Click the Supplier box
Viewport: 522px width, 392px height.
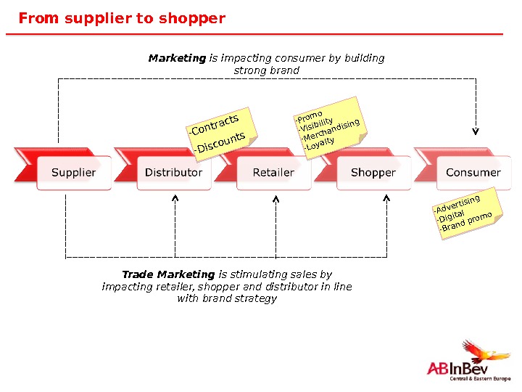pyautogui.click(x=73, y=173)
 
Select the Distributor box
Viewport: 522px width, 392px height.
pyautogui.click(x=173, y=173)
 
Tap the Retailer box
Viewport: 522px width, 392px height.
pyautogui.click(x=273, y=173)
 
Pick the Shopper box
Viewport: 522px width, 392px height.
pyautogui.click(x=373, y=173)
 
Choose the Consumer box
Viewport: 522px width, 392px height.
pyautogui.click(x=473, y=173)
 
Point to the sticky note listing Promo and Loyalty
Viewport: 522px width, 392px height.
pyautogui.click(x=328, y=125)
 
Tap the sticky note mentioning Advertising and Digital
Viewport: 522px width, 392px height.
pyautogui.click(x=462, y=213)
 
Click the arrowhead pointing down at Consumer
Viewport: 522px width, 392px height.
pyautogui.click(x=476, y=131)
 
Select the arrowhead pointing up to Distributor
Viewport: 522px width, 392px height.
pyautogui.click(x=175, y=197)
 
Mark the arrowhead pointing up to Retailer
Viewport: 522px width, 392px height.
pyautogui.click(x=276, y=197)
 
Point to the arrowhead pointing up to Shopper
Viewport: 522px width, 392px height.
pyautogui.click(x=386, y=197)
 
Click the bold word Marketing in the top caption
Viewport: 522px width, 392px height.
pyautogui.click(x=177, y=58)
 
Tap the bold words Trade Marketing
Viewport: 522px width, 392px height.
pyautogui.click(x=168, y=274)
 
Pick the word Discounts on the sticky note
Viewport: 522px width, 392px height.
pyautogui.click(x=220, y=142)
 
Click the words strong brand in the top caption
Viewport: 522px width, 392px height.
pyautogui.click(x=266, y=70)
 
